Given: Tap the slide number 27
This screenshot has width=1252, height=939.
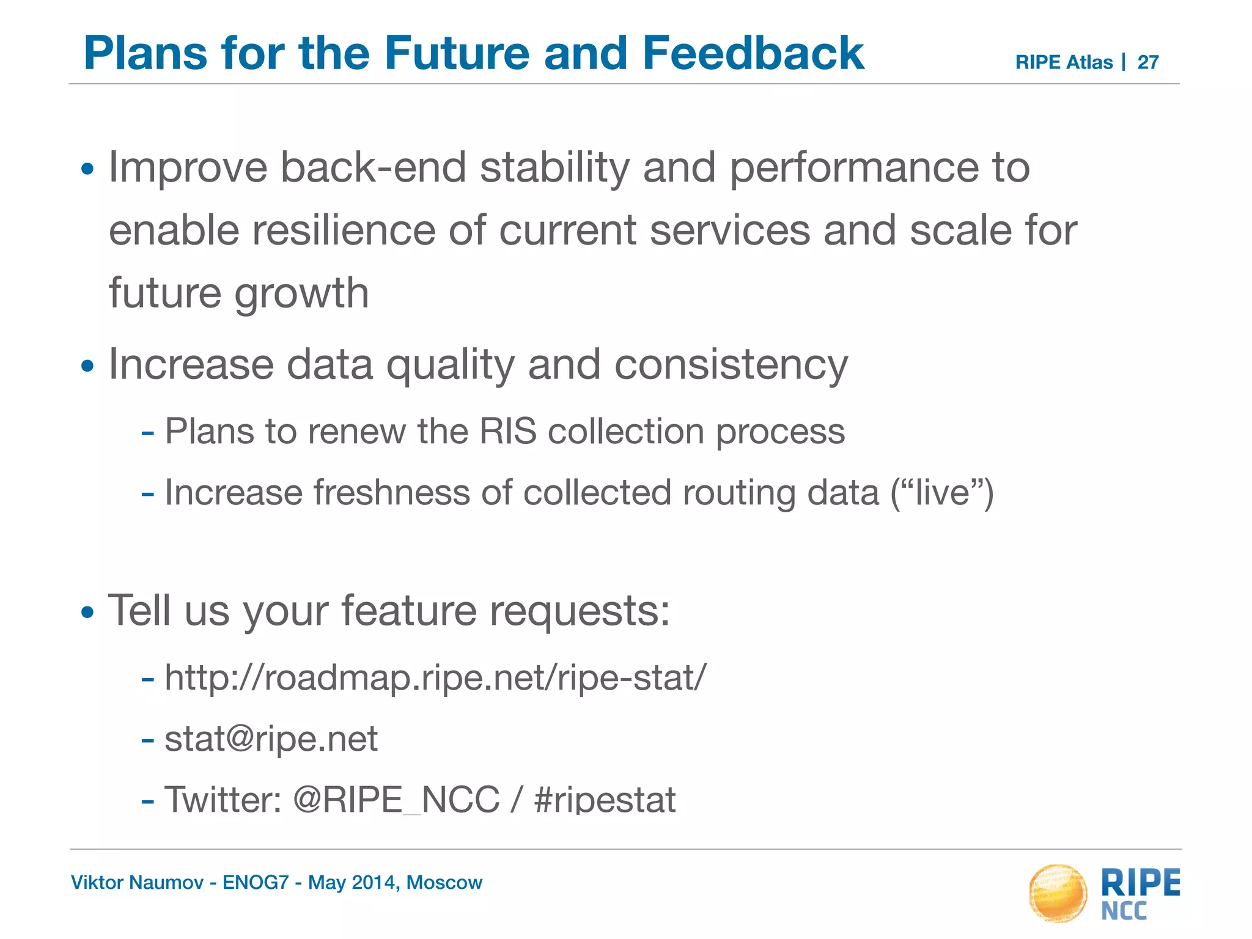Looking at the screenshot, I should [1147, 62].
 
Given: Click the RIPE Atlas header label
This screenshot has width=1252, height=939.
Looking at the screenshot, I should [1063, 62].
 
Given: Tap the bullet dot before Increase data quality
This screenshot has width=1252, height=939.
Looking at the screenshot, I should [87, 367].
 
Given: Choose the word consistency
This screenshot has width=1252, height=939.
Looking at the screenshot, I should [731, 366].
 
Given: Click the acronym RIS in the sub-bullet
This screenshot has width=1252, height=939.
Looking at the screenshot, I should [507, 432].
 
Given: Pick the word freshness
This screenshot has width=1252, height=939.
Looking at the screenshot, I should [391, 493].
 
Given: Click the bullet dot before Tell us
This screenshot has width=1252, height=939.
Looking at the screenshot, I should [87, 612].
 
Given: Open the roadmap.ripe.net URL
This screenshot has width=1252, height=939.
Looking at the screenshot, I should [435, 678].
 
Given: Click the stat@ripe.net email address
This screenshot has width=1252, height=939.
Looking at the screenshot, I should [271, 739].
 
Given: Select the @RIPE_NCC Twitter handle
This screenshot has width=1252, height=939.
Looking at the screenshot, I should [396, 800].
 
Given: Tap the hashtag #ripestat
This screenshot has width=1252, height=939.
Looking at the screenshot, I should [605, 800].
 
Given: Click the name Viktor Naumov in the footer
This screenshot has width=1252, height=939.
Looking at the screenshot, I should [137, 883].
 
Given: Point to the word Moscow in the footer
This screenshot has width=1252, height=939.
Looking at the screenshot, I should [444, 883].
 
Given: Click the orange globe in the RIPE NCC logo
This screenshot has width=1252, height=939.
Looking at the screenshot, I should [1058, 893].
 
